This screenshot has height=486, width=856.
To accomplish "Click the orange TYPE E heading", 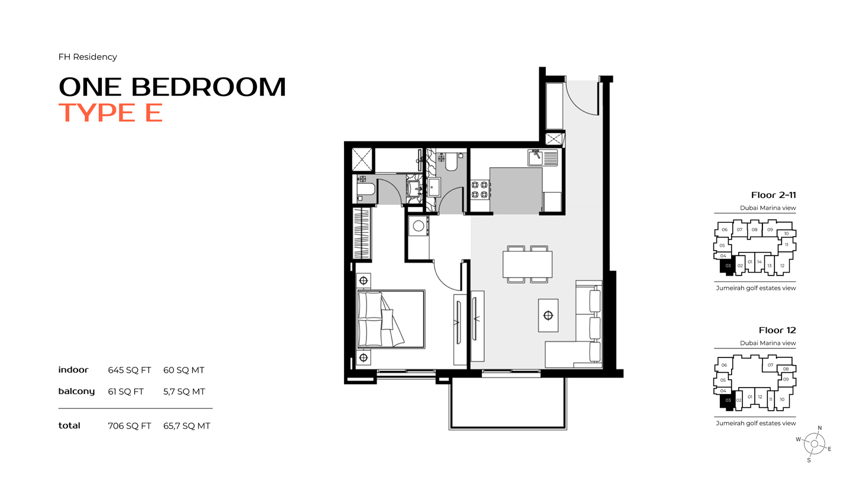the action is (x=111, y=113).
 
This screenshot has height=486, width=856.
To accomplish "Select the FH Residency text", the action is (x=88, y=57).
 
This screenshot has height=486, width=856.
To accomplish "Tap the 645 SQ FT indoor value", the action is (x=130, y=370).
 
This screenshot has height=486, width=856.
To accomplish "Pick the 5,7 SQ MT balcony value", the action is (x=184, y=392).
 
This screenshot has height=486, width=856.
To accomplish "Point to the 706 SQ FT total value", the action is (x=130, y=426).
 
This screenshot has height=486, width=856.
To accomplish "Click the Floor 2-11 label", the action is (x=774, y=195).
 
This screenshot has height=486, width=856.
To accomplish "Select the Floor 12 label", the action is (x=777, y=330).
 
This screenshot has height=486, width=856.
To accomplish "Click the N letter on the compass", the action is (x=820, y=428).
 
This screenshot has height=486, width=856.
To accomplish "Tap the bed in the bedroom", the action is (x=391, y=319).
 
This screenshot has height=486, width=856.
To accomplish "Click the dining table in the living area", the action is (x=527, y=264).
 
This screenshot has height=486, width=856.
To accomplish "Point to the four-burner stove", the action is (x=480, y=190).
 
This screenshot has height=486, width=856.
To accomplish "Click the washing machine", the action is (x=419, y=226).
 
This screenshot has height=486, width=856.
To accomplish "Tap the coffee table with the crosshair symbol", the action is (x=548, y=315).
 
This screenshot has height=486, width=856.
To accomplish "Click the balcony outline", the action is (x=507, y=427).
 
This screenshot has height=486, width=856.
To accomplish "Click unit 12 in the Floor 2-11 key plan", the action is (x=782, y=265).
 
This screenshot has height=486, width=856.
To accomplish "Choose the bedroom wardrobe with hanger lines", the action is (x=362, y=233).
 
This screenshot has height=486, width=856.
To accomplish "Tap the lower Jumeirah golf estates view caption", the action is (x=756, y=423).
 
